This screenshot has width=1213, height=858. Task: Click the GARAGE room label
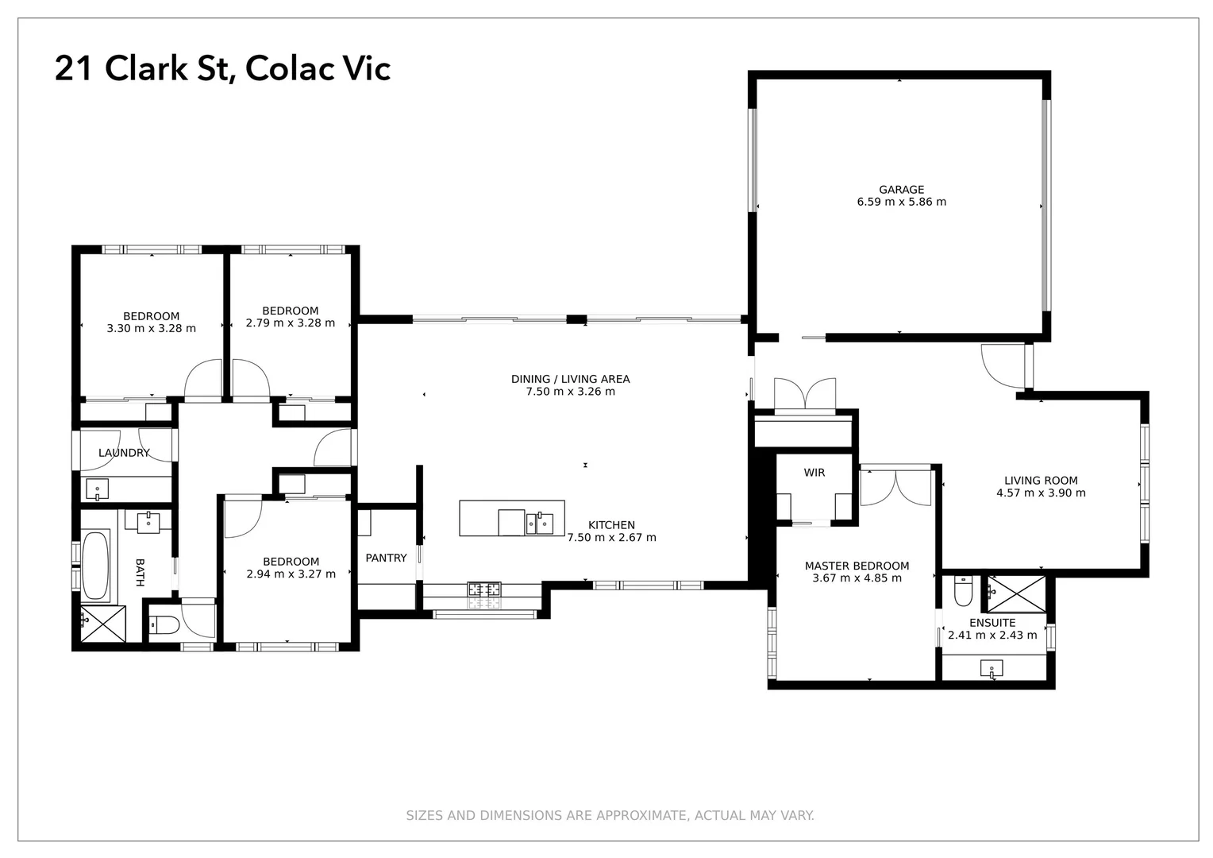[901, 190]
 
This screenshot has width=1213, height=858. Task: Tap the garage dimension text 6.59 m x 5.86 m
[901, 202]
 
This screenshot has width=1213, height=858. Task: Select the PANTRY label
[386, 558]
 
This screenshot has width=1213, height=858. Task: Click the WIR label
[814, 473]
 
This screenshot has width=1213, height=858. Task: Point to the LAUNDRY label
[124, 453]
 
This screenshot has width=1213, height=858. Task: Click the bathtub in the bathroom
[96, 566]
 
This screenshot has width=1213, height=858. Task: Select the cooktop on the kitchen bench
[483, 589]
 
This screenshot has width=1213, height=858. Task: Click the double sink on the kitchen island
[539, 524]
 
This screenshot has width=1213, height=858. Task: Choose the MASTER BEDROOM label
[857, 566]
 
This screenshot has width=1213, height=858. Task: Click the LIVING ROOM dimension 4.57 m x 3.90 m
[1041, 493]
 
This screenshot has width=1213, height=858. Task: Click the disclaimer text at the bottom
[610, 815]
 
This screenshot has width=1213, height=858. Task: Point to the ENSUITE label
[992, 623]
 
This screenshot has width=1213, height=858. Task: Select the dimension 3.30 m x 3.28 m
[151, 328]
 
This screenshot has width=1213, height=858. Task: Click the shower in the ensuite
[1016, 593]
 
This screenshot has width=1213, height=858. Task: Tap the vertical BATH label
[141, 572]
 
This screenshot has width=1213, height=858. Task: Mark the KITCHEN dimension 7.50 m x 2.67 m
[611, 537]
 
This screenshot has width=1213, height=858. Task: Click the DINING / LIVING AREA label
[570, 379]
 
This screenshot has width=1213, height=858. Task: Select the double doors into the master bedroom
[895, 488]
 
